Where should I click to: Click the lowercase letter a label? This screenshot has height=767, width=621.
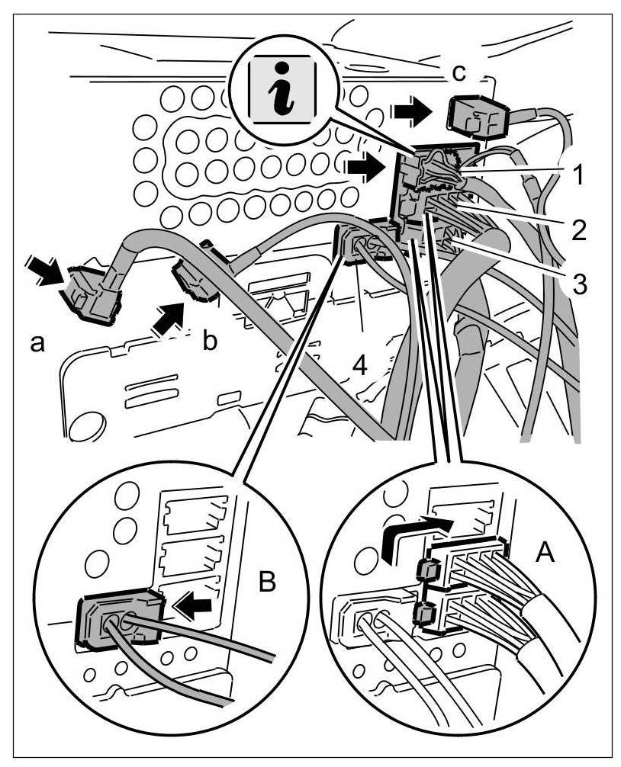[36, 344]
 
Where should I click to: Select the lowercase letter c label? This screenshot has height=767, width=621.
[456, 72]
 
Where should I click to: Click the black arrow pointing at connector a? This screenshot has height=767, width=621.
[41, 272]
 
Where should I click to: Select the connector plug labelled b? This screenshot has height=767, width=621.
[196, 280]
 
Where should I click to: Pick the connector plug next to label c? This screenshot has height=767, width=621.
[472, 115]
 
